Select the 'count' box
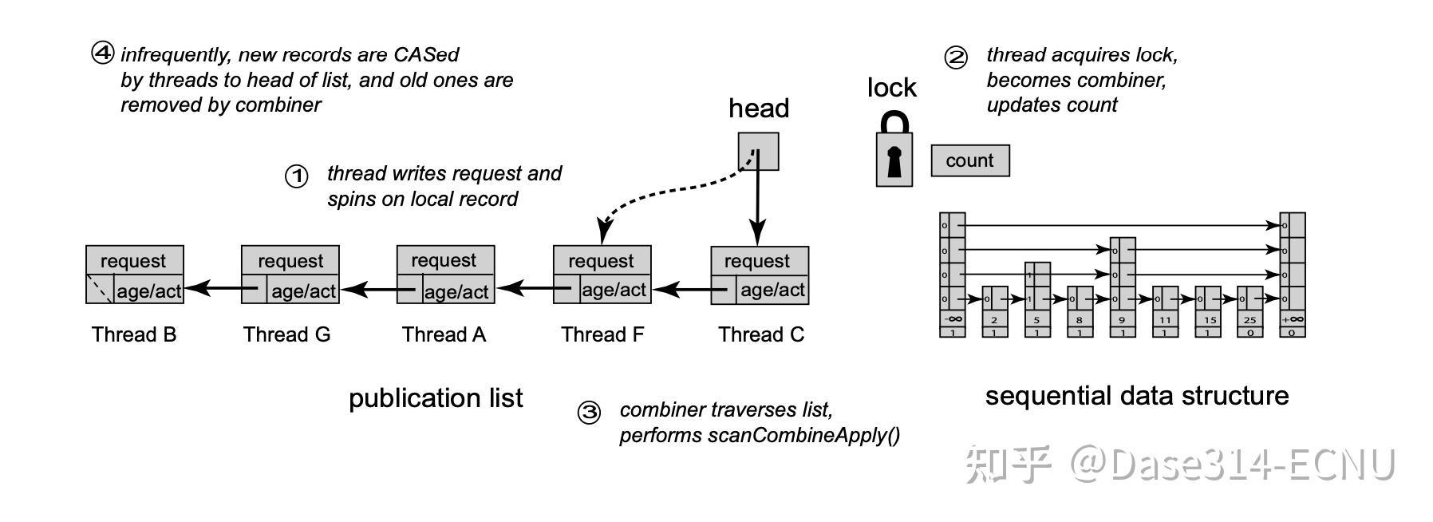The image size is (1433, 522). tap(969, 160)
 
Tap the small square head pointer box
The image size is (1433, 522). tap(758, 152)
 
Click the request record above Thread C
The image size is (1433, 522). tap(759, 261)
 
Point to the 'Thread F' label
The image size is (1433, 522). tap(602, 334)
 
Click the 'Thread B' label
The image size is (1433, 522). tap(133, 334)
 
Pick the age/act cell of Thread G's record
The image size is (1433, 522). tap(303, 291)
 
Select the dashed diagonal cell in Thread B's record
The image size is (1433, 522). tap(100, 290)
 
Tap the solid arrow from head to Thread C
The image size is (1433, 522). tap(756, 208)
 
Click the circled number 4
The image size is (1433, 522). tap(103, 53)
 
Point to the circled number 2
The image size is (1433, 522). tap(955, 57)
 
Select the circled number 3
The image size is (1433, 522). tap(589, 413)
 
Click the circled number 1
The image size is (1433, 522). tap(297, 176)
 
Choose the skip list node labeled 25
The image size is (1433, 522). tap(1249, 319)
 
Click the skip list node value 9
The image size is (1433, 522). tap(1122, 319)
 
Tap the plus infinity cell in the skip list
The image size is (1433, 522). tap(1293, 319)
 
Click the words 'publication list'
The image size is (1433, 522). tap(436, 397)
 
